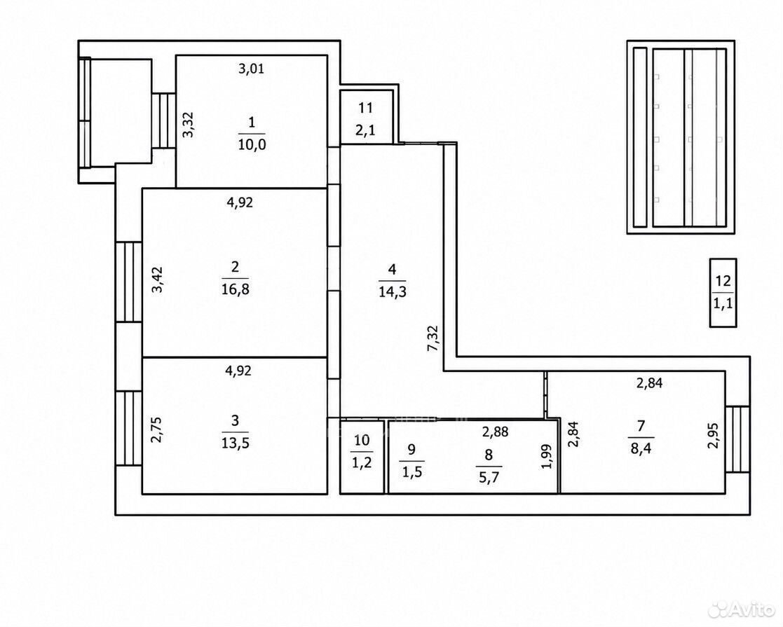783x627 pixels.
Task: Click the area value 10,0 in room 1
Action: coord(252,145)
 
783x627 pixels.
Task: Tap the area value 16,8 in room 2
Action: coord(235,289)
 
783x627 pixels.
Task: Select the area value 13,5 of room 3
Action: coord(235,443)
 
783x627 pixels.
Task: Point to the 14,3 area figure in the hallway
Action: coord(393,291)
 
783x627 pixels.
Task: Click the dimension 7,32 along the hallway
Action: coord(433,338)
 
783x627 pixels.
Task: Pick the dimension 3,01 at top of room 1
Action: coord(251,69)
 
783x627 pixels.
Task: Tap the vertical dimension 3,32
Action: coord(189,124)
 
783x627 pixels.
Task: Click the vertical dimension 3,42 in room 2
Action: coord(157,280)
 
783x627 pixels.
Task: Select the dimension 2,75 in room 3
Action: coord(157,429)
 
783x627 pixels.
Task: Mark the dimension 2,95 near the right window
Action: coord(714,436)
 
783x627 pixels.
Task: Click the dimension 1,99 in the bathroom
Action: coord(547,456)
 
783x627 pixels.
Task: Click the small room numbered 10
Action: coord(362,457)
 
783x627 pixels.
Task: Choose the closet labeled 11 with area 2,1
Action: coord(369,117)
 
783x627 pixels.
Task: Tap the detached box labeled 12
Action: coord(723,293)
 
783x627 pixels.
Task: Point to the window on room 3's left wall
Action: coord(129,428)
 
